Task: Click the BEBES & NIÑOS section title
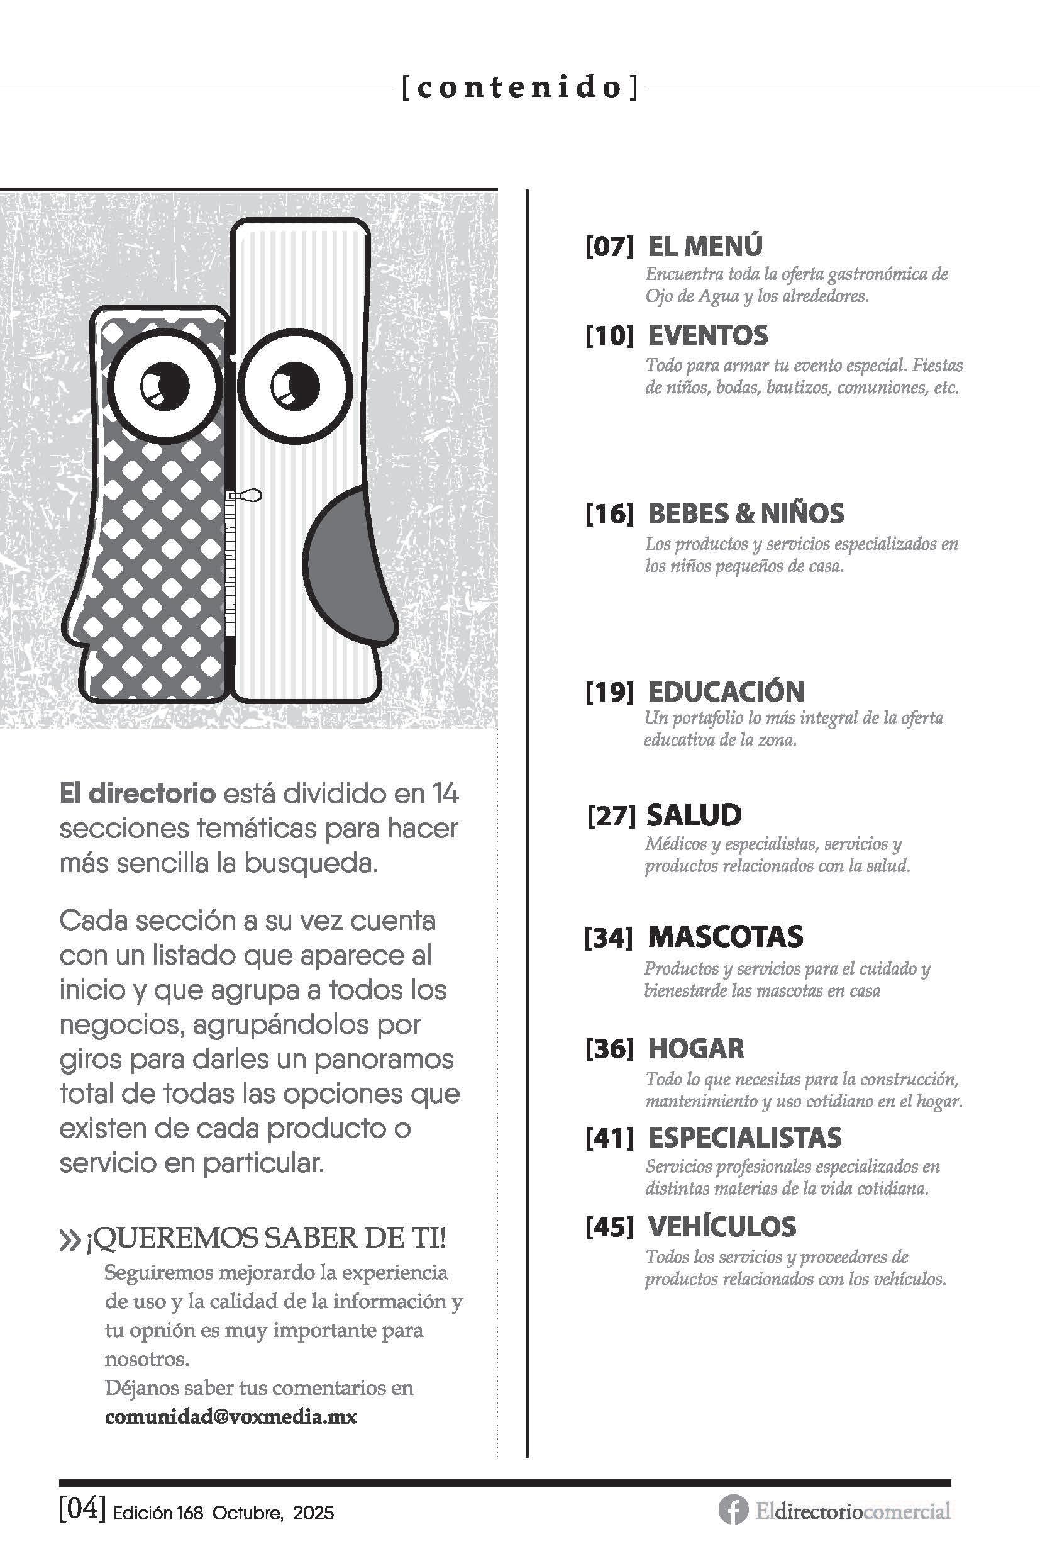click(x=745, y=513)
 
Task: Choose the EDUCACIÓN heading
click(x=725, y=692)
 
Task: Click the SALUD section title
click(x=693, y=815)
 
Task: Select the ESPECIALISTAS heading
click(x=743, y=1138)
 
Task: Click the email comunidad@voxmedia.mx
click(x=230, y=1418)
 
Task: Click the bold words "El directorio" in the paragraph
click(x=137, y=794)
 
